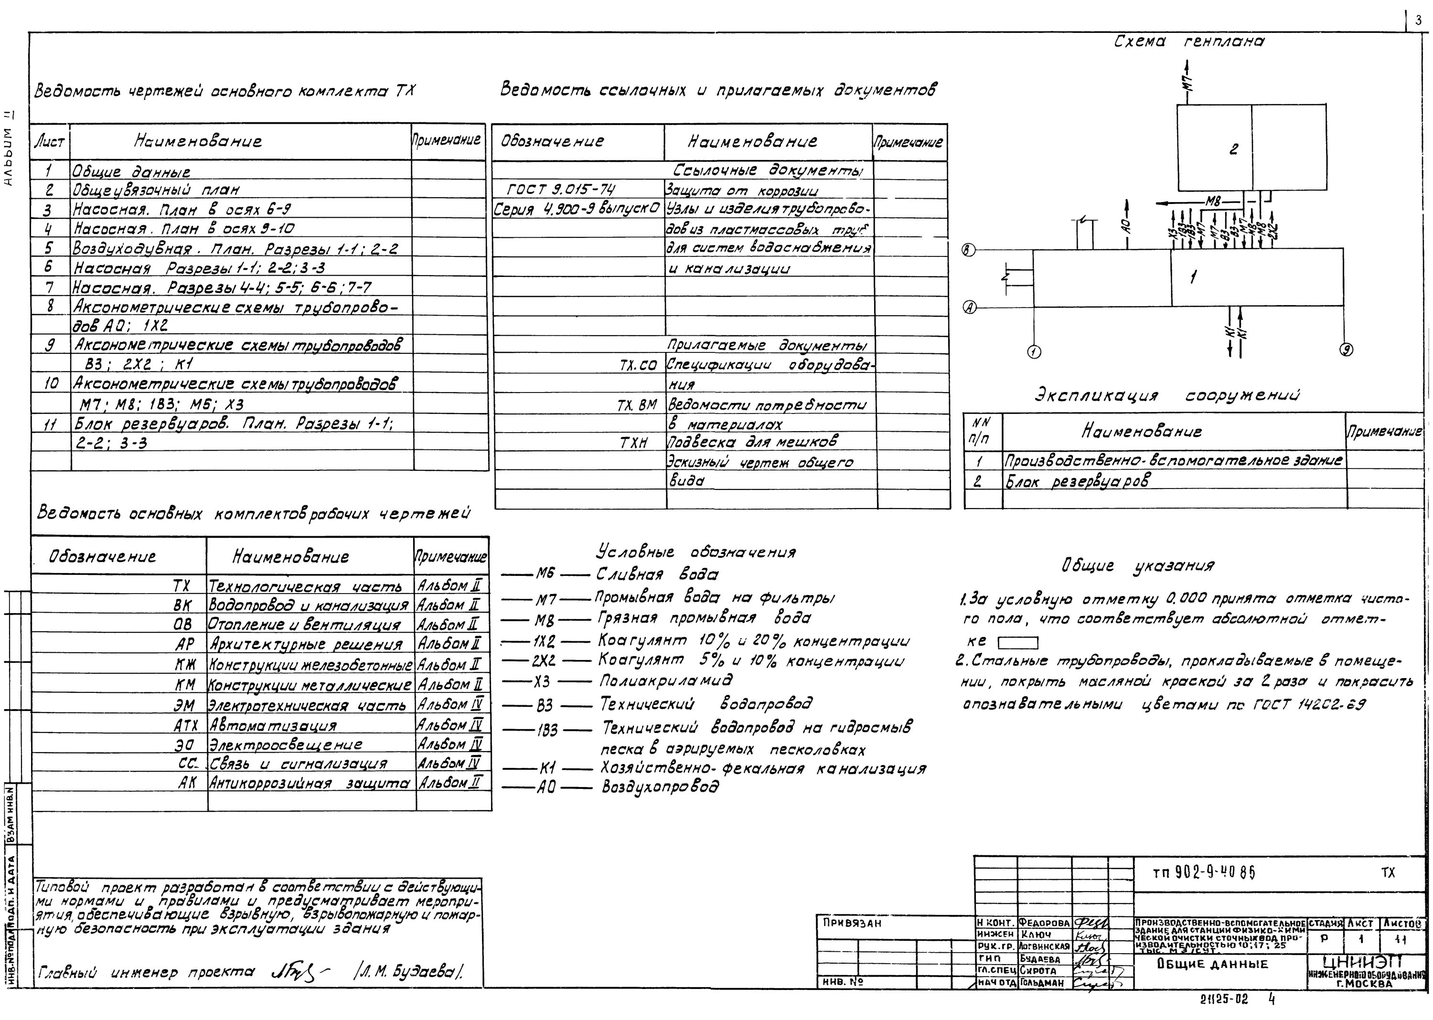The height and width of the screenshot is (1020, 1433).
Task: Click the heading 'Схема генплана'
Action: [x=1188, y=42]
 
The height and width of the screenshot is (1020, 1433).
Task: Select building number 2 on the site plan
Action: [x=1234, y=149]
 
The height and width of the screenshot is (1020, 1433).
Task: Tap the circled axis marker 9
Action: [x=1347, y=350]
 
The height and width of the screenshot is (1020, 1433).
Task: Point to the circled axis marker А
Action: [x=970, y=308]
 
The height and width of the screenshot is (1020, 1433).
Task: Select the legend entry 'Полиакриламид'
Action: [x=665, y=681]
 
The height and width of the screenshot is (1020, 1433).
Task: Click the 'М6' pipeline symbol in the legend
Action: [x=545, y=574]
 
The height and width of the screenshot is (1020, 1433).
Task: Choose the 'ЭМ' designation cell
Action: [x=184, y=705]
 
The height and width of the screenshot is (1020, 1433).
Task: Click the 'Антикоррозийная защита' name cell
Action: [x=309, y=784]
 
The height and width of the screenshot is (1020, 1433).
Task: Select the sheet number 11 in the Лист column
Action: [x=50, y=425]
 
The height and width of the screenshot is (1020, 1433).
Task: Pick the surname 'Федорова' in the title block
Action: [x=1044, y=923]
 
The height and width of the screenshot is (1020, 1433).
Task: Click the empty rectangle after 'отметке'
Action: [x=1018, y=643]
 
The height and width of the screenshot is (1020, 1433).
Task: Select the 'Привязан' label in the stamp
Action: [x=852, y=923]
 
